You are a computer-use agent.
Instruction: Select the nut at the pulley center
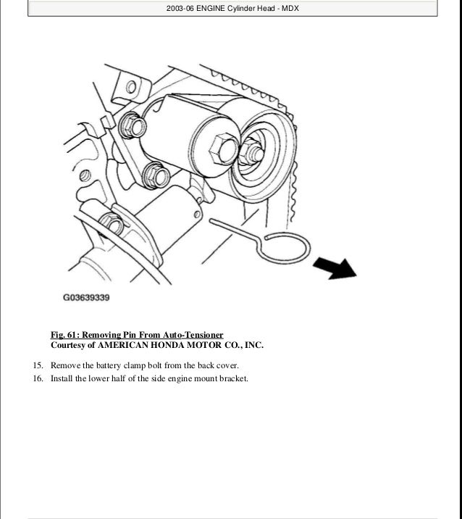pos(252,151)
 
